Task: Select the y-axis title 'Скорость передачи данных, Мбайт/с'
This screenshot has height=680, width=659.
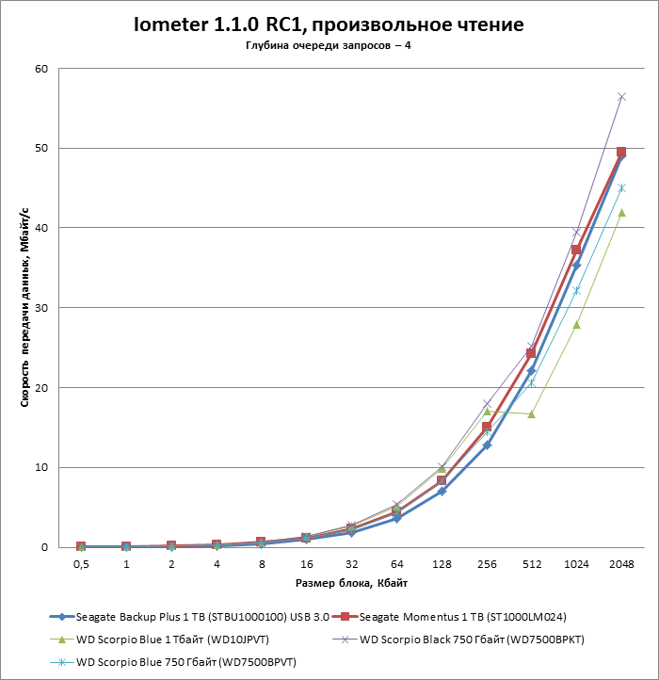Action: click(x=25, y=308)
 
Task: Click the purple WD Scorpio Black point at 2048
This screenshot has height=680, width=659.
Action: click(x=621, y=97)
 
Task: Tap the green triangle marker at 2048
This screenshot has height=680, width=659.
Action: click(x=621, y=212)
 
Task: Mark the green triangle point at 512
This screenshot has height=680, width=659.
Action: click(x=531, y=414)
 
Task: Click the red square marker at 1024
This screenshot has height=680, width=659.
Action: click(x=576, y=250)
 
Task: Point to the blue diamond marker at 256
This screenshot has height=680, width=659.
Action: click(x=487, y=445)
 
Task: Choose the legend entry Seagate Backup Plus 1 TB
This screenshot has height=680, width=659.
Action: click(x=188, y=617)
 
